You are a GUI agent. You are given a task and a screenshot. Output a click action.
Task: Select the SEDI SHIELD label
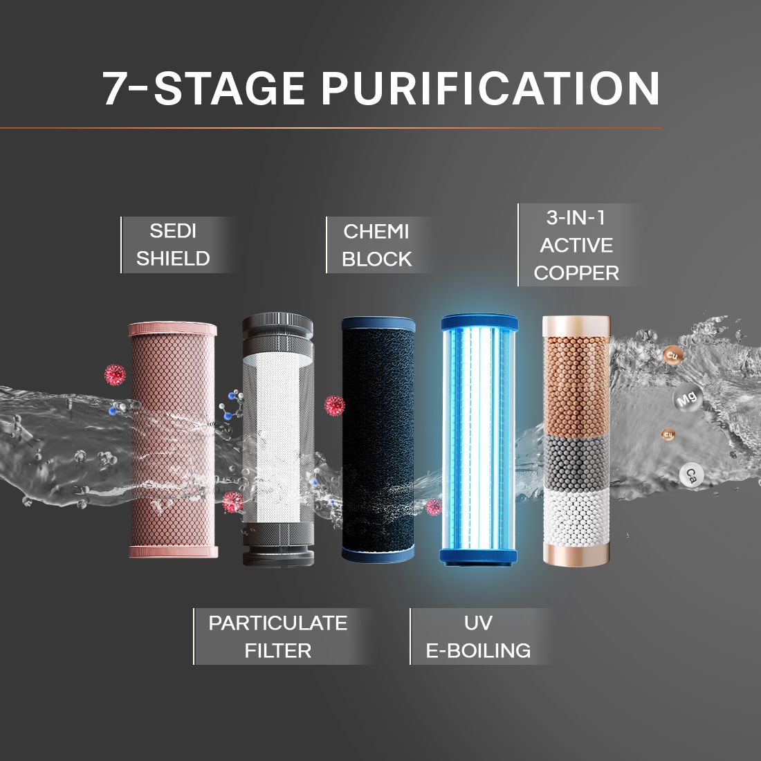(173, 244)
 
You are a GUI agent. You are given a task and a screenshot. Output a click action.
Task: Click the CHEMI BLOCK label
(376, 245)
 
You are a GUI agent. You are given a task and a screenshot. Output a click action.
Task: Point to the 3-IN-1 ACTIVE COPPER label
(576, 245)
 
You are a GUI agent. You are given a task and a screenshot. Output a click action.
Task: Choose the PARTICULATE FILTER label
(277, 636)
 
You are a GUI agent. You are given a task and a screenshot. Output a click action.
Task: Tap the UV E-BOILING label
(478, 636)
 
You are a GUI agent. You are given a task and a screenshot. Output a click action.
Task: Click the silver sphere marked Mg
(686, 399)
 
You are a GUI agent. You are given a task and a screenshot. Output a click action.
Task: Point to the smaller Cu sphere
(668, 434)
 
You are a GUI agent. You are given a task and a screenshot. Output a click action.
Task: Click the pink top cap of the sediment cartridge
(172, 329)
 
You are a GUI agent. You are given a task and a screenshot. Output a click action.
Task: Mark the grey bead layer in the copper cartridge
(576, 460)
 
